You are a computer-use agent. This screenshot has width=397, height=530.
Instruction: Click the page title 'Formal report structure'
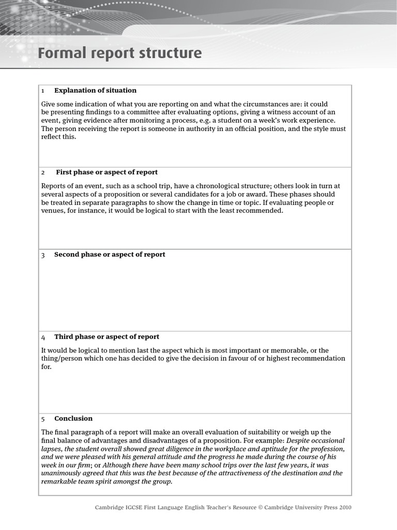(119, 53)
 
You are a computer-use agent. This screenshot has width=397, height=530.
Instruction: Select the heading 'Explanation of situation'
(95, 91)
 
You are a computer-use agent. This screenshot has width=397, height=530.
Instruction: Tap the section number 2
(43, 172)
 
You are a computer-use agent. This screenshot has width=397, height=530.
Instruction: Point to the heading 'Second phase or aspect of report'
(110, 255)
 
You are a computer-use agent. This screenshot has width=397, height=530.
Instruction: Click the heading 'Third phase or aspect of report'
(106, 337)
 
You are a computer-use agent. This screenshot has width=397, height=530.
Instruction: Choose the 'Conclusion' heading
(73, 419)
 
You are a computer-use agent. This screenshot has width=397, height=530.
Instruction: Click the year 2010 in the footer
(344, 508)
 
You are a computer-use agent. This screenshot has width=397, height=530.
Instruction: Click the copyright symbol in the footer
(261, 508)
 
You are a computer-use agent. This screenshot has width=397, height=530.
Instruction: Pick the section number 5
(43, 419)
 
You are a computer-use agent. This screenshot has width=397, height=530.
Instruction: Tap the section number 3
(43, 255)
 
